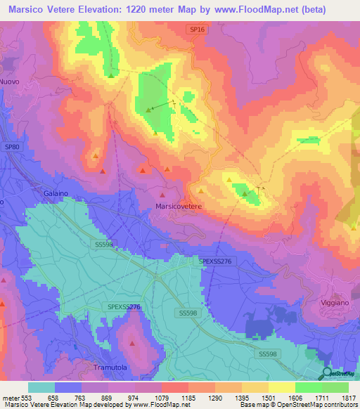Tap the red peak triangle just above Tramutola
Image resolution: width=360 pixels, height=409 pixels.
(x=132, y=344)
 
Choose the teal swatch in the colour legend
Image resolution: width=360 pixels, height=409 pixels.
(x=41, y=387)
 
